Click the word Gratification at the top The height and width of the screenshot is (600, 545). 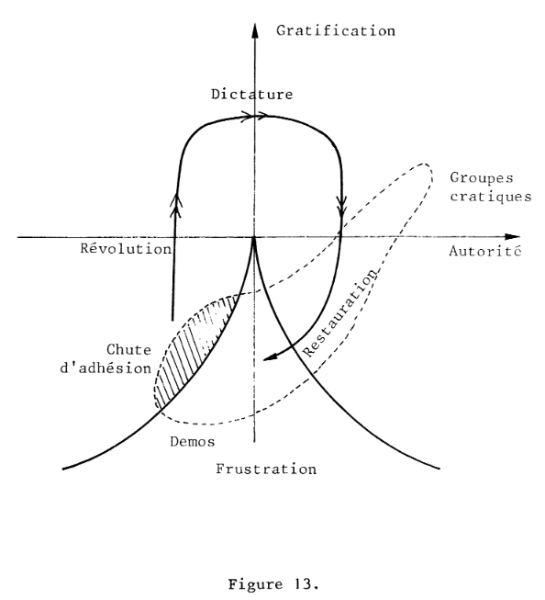336,31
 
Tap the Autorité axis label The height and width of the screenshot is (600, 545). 485,251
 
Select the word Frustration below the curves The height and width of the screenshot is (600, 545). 266,469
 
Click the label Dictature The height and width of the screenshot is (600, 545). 252,94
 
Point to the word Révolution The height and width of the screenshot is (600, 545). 126,248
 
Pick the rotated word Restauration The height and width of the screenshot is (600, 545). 340,312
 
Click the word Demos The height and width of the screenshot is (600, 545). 193,442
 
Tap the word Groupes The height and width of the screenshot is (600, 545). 482,178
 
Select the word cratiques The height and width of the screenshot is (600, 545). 490,197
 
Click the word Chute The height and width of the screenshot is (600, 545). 128,349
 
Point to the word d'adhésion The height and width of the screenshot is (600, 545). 106,368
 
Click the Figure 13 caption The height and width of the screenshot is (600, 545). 273,584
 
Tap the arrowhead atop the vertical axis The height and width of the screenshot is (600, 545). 254,30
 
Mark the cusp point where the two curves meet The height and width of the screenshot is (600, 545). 254,238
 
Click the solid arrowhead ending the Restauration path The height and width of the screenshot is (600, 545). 271,357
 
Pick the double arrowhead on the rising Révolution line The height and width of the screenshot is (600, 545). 176,204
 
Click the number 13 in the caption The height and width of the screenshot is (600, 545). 306,584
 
